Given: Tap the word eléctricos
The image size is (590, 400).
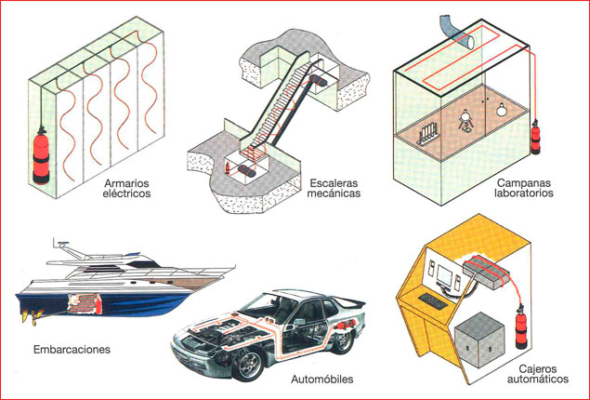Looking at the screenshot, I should tap(128, 195).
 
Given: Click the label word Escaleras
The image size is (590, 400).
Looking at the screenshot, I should tap(332, 183).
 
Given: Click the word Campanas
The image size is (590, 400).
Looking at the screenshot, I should tap(526, 183).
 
